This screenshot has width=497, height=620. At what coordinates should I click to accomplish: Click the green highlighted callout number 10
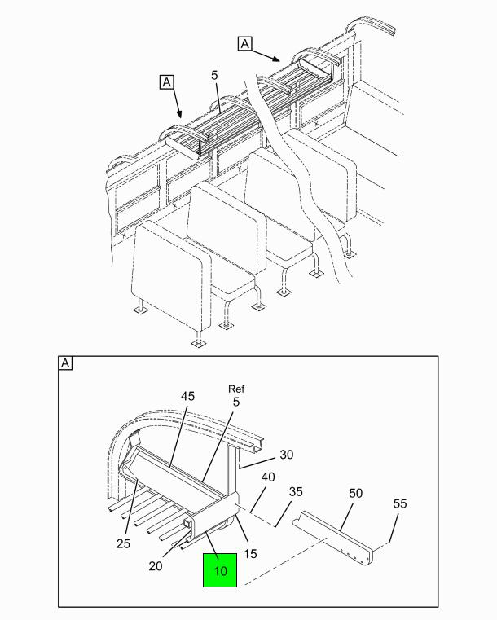[x=220, y=570]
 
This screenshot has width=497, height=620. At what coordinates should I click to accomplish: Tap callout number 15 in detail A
[x=250, y=553]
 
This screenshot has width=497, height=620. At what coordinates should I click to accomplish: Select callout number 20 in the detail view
[x=156, y=566]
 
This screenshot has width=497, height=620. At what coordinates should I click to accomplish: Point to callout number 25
[x=123, y=543]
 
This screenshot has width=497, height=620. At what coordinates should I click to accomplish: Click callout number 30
[x=286, y=455]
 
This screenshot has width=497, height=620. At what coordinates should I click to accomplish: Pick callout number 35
[x=296, y=491]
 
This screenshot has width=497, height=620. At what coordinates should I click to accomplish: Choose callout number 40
[x=268, y=477]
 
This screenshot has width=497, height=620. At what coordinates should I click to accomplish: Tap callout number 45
[x=188, y=396]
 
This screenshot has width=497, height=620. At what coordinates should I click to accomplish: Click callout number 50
[x=355, y=493]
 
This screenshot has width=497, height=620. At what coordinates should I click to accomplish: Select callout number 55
[x=400, y=503]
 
